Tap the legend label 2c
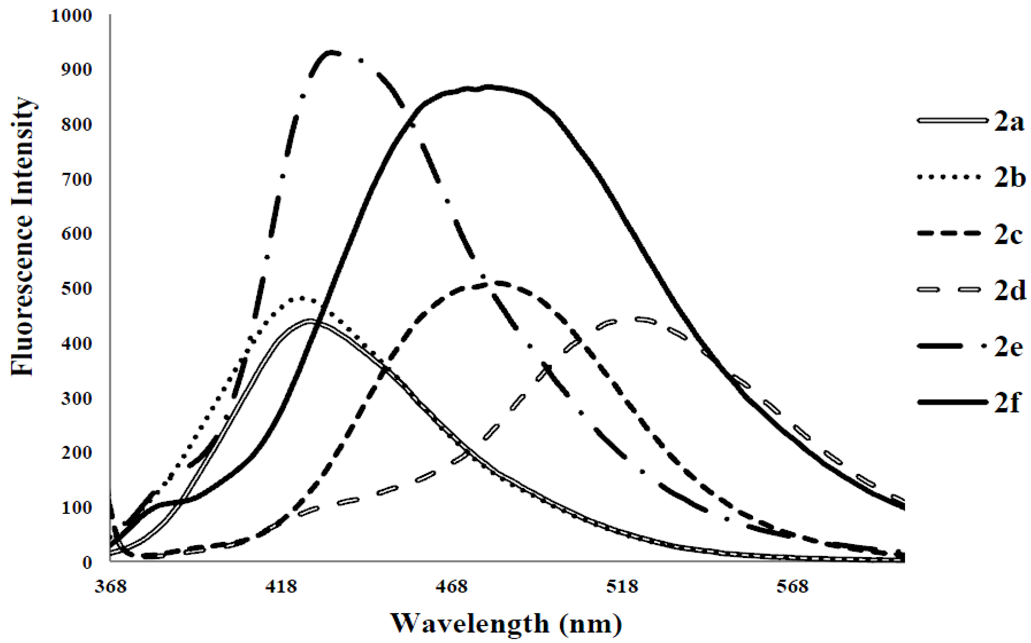point(1008,235)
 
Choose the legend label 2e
point(1008,348)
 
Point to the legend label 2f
point(1007,403)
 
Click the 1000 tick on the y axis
point(71,16)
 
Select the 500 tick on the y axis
point(76,289)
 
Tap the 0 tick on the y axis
point(87,563)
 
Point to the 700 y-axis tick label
point(76,180)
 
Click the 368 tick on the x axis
point(110,587)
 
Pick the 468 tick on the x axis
point(451,587)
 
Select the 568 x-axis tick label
point(792,587)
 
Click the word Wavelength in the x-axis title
point(470,624)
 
